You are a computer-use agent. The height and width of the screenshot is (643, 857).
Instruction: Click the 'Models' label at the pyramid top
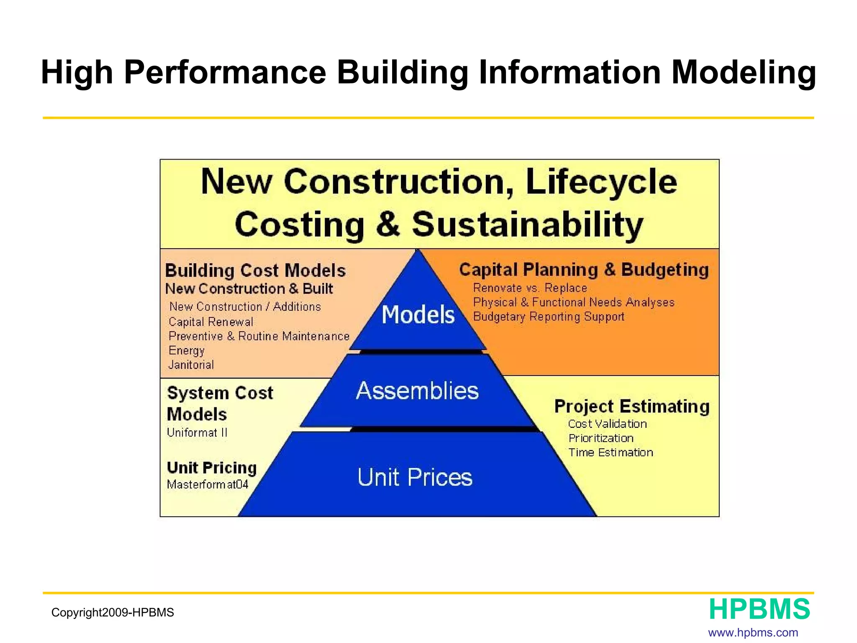[418, 315]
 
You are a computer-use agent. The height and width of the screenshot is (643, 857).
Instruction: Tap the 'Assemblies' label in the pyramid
[417, 391]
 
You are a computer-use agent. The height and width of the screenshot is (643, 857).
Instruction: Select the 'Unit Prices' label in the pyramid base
[415, 477]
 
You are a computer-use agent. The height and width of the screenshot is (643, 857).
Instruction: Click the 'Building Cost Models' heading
[255, 270]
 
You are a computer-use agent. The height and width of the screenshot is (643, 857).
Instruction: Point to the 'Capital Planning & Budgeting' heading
[584, 270]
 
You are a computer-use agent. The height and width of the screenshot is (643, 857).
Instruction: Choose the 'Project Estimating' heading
[632, 406]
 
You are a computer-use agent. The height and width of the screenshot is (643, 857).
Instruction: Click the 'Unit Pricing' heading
[212, 468]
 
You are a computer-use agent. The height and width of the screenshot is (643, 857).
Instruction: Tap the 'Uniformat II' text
[197, 432]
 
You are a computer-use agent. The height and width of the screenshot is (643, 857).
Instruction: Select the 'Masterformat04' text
[208, 484]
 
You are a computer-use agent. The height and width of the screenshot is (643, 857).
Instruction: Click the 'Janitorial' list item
[191, 365]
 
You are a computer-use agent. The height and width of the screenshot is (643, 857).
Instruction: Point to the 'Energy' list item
[187, 350]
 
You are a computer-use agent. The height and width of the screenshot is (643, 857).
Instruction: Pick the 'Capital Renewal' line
[211, 321]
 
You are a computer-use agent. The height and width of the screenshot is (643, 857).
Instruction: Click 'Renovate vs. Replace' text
[530, 288]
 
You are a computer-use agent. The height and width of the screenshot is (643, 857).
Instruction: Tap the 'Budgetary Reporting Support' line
[549, 316]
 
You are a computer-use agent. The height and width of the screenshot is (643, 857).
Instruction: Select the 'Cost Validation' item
[607, 424]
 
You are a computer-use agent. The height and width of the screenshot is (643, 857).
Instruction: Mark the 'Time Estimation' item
[611, 453]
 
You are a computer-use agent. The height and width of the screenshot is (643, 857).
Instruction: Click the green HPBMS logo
[759, 609]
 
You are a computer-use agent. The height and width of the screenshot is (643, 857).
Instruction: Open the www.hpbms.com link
[753, 633]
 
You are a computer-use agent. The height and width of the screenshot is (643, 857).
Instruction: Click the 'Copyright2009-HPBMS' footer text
[113, 612]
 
